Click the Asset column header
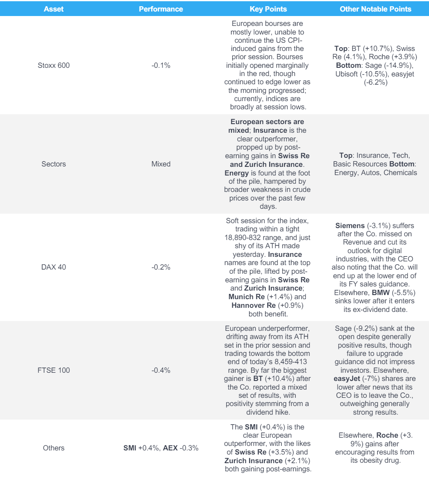54,8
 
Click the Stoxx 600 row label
54,65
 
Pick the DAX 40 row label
54,266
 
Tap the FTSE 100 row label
54,370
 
